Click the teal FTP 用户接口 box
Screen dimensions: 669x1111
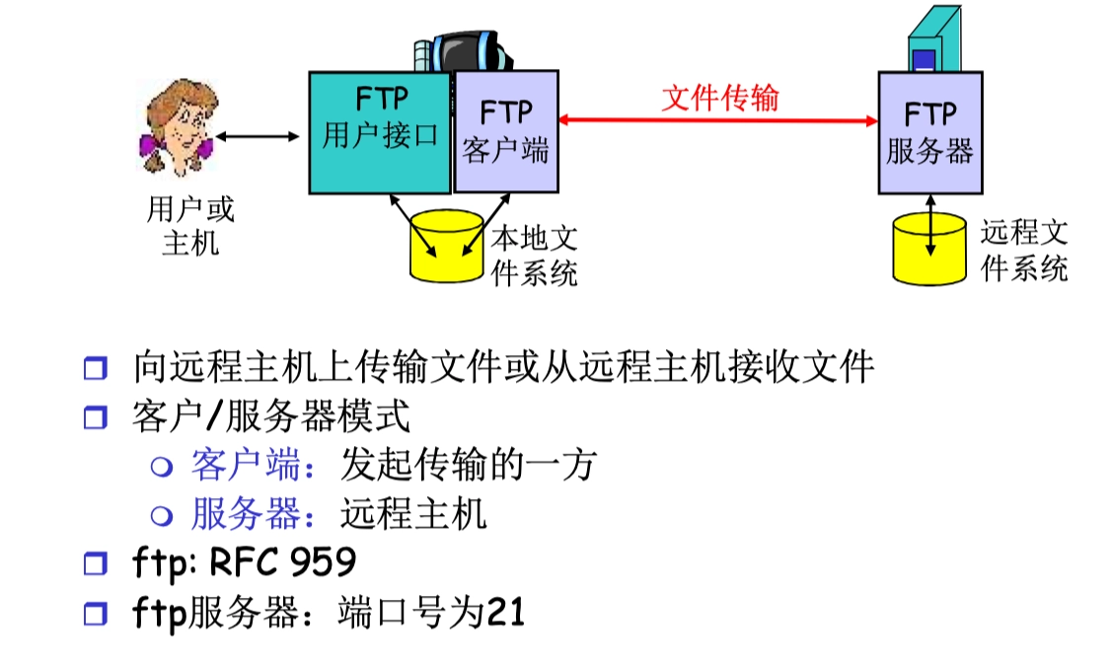pos(380,131)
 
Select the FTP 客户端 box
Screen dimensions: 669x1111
pos(505,131)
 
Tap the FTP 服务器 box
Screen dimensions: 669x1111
pos(929,132)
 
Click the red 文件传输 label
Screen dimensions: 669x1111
pos(719,97)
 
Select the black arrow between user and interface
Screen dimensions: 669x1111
pos(258,136)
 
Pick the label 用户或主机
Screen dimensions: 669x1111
pos(190,225)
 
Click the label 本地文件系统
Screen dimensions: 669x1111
pos(534,255)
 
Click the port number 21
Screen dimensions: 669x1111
pos(506,613)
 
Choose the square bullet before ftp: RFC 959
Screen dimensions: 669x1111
pos(95,564)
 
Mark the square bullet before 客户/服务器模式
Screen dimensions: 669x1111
pos(95,417)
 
